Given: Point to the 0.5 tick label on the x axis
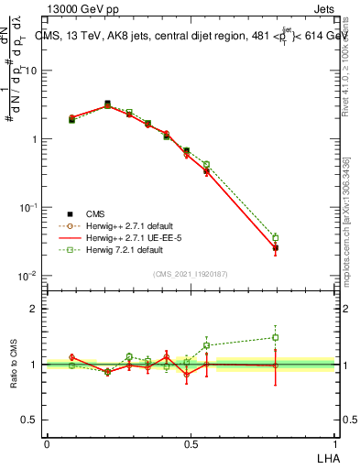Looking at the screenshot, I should click(x=191, y=443).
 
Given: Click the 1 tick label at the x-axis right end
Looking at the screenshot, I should click(x=335, y=443).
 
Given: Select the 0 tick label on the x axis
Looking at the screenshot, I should click(x=47, y=443).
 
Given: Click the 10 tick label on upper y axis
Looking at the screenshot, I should click(x=30, y=71).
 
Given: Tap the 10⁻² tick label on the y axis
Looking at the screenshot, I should click(x=27, y=276).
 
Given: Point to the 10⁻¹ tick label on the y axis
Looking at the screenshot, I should click(x=27, y=208).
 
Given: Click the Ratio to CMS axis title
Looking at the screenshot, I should click(x=14, y=365).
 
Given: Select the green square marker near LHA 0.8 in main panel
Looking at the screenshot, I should click(x=276, y=238).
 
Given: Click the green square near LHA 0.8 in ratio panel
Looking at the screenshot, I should click(x=276, y=337).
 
